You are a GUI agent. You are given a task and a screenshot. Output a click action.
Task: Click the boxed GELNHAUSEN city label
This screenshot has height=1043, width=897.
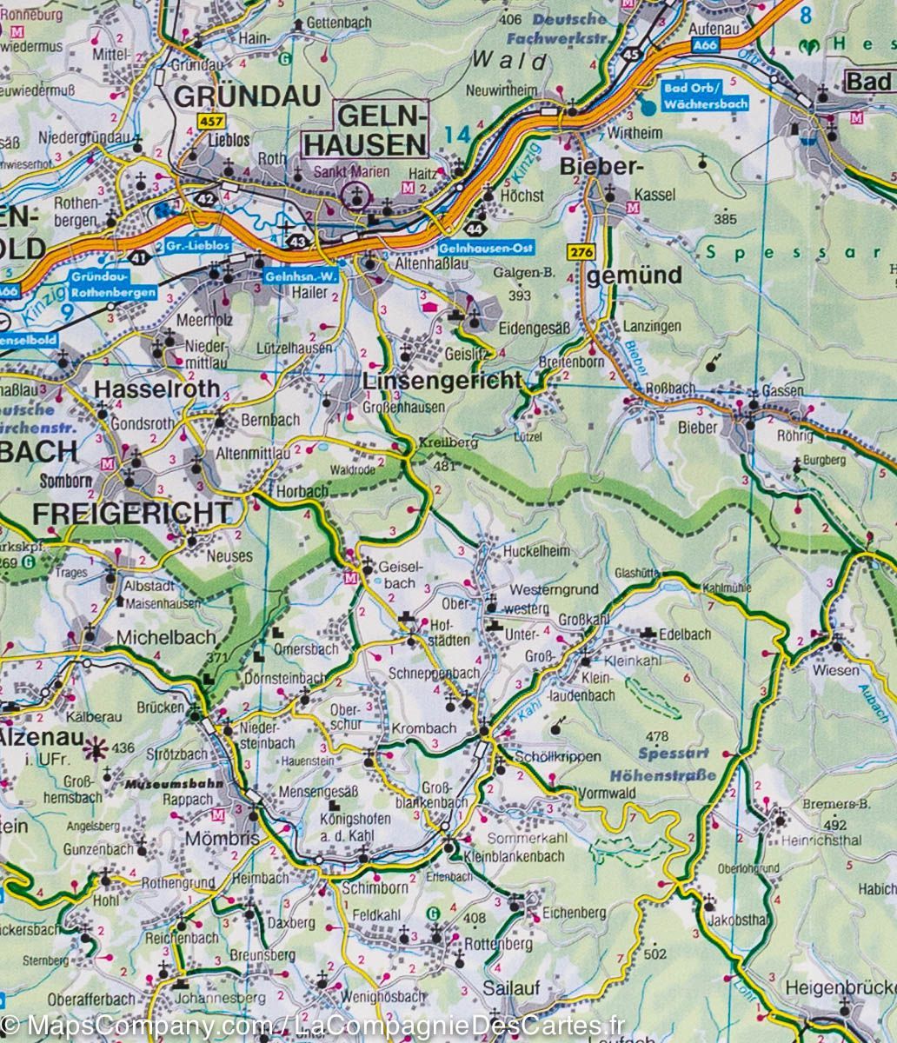click(x=381, y=130)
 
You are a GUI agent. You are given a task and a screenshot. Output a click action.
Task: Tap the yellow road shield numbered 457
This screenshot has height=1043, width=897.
click(x=209, y=121)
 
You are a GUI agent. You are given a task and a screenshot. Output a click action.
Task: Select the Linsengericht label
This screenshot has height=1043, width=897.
click(x=442, y=380)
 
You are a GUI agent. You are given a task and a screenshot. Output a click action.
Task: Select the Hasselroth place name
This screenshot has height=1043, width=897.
click(x=156, y=389)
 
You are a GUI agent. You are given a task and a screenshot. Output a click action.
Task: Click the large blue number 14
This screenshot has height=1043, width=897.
click(x=456, y=136)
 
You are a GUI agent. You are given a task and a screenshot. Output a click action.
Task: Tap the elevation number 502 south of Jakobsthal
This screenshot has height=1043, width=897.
click(x=657, y=954)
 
